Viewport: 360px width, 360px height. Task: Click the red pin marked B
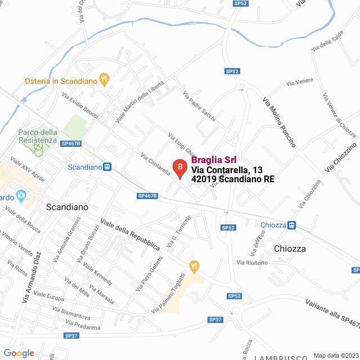click(179, 168)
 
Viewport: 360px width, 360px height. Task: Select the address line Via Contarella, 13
click(227, 170)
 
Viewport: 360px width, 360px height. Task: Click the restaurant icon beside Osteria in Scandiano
click(104, 79)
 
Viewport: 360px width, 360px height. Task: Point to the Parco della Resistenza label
click(38, 136)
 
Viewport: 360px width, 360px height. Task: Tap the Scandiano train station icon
click(107, 167)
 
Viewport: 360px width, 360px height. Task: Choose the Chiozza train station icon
click(292, 225)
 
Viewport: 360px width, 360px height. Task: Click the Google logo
click(19, 353)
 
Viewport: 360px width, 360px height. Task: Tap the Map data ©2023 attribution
click(336, 355)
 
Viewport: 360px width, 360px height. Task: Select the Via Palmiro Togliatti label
click(169, 294)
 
